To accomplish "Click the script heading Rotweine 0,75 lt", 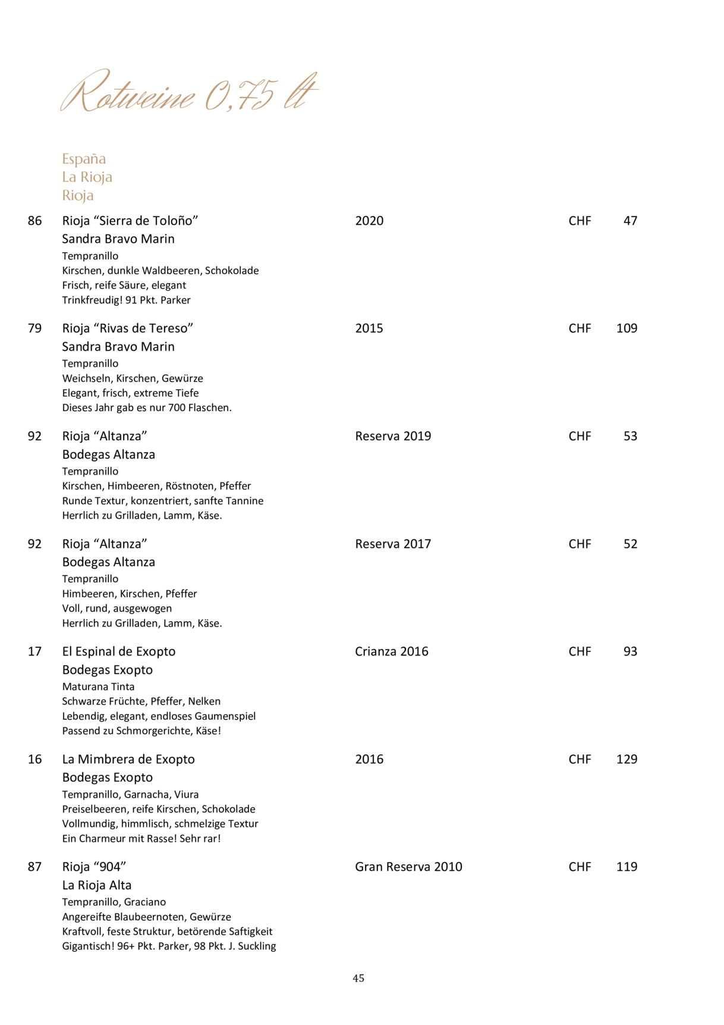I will [189, 93].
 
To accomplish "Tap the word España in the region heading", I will [84, 159].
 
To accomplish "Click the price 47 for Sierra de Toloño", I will [630, 221].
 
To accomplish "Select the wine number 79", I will [34, 328].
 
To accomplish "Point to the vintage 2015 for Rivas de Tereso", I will [369, 328].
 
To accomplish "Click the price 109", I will [627, 328].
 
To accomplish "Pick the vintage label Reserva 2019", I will [393, 436].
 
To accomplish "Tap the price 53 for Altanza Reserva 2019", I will [630, 436].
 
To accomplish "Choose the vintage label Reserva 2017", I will [393, 544].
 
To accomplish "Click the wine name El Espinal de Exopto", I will [119, 651].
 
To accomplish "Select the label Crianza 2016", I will [391, 651].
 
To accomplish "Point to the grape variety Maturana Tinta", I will [98, 687].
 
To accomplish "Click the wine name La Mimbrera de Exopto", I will [128, 759].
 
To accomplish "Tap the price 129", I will [627, 759].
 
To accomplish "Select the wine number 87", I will [34, 867].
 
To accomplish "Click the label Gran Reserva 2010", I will [408, 867].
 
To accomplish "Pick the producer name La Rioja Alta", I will [97, 885].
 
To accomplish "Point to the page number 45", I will [358, 978].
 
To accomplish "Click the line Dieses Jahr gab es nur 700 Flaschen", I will [147, 408].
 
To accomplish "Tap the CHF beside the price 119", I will [580, 867].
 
